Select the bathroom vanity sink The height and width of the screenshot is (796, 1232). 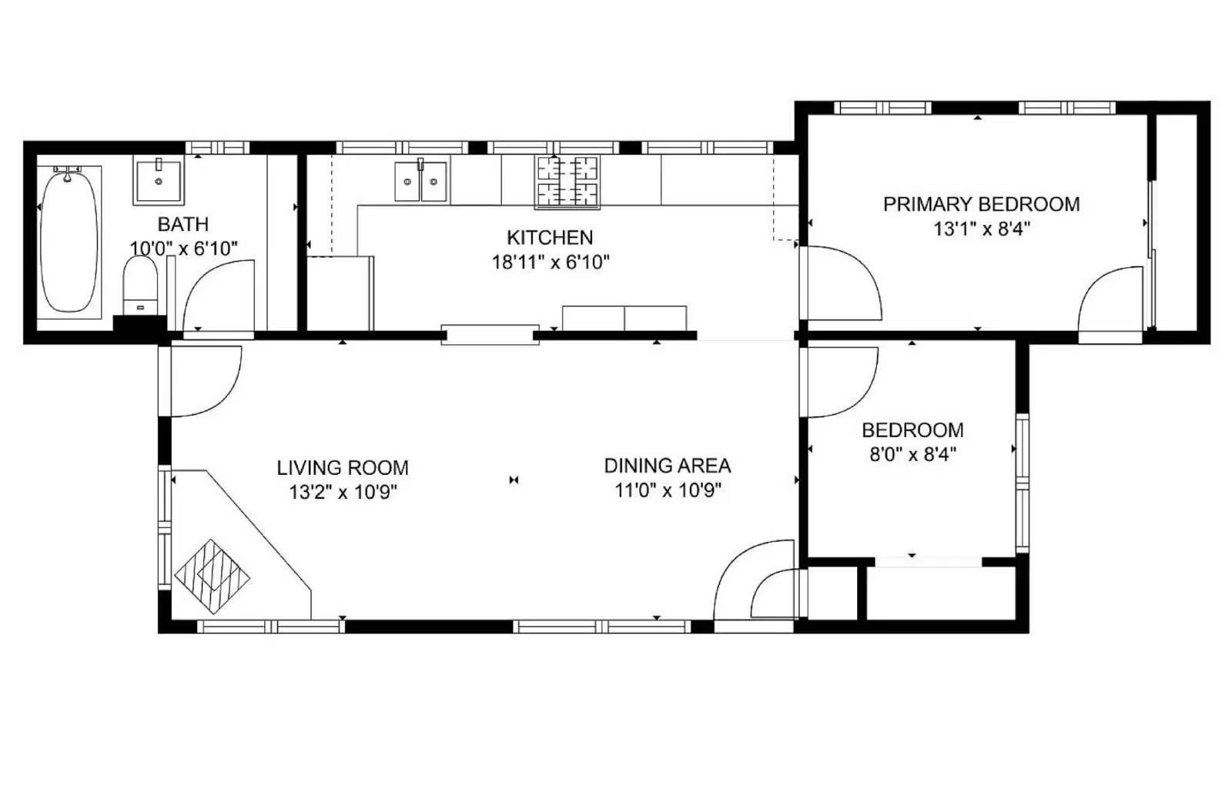158,179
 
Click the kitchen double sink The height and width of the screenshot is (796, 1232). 420,182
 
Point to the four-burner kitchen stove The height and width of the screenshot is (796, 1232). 567,182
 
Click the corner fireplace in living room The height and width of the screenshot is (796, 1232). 213,575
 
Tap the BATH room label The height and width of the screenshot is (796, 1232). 182,224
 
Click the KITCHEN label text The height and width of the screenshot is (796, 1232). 550,237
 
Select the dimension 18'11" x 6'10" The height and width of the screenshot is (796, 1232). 550,262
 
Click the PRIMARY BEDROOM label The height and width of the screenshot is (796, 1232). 981,204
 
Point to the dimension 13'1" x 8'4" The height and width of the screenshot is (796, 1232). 981,229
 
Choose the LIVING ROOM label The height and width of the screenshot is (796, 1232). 343,467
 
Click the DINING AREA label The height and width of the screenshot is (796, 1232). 667,465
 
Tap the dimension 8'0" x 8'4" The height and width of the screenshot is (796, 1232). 912,454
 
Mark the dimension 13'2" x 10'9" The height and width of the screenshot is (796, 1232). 343,492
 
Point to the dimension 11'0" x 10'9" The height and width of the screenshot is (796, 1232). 667,490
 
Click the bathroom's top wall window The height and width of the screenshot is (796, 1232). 218,147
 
